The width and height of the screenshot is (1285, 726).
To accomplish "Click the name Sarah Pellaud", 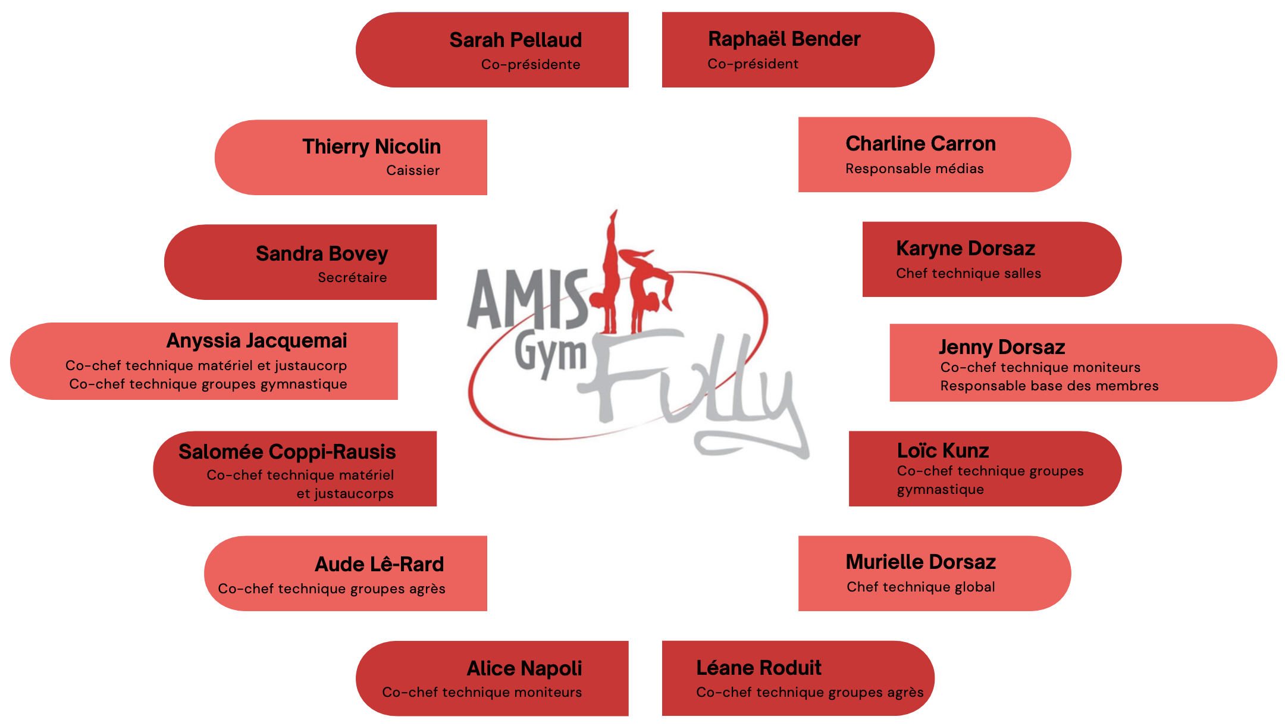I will [x=515, y=40].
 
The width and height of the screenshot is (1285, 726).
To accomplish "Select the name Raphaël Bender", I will [x=784, y=39].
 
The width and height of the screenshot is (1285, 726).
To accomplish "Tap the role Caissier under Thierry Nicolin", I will [x=413, y=171].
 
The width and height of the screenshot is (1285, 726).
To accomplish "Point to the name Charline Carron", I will [x=920, y=144].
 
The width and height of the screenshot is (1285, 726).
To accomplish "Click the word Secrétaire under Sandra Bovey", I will [x=352, y=278].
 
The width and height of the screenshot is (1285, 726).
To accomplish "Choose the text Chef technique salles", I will [x=969, y=274].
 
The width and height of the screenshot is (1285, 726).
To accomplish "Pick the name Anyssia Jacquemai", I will [x=256, y=341].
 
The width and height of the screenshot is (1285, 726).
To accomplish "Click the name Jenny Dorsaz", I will [x=1002, y=348].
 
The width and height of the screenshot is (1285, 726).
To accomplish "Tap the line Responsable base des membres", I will [x=1049, y=386].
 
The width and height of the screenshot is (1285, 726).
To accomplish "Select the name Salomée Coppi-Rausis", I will [x=287, y=452].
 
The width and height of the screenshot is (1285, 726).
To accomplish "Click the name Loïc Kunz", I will [x=943, y=451].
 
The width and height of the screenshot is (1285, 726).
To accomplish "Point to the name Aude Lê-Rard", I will [x=379, y=565].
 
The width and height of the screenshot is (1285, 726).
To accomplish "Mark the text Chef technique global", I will [x=920, y=587].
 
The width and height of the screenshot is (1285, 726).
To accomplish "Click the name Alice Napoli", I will [x=524, y=669].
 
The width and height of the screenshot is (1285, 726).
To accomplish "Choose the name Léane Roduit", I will [x=759, y=668].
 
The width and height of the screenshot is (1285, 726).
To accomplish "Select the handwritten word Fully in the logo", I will [x=696, y=387].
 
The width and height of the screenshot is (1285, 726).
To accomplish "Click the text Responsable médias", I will [x=914, y=169].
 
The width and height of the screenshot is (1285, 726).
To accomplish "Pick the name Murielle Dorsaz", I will [x=920, y=562].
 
